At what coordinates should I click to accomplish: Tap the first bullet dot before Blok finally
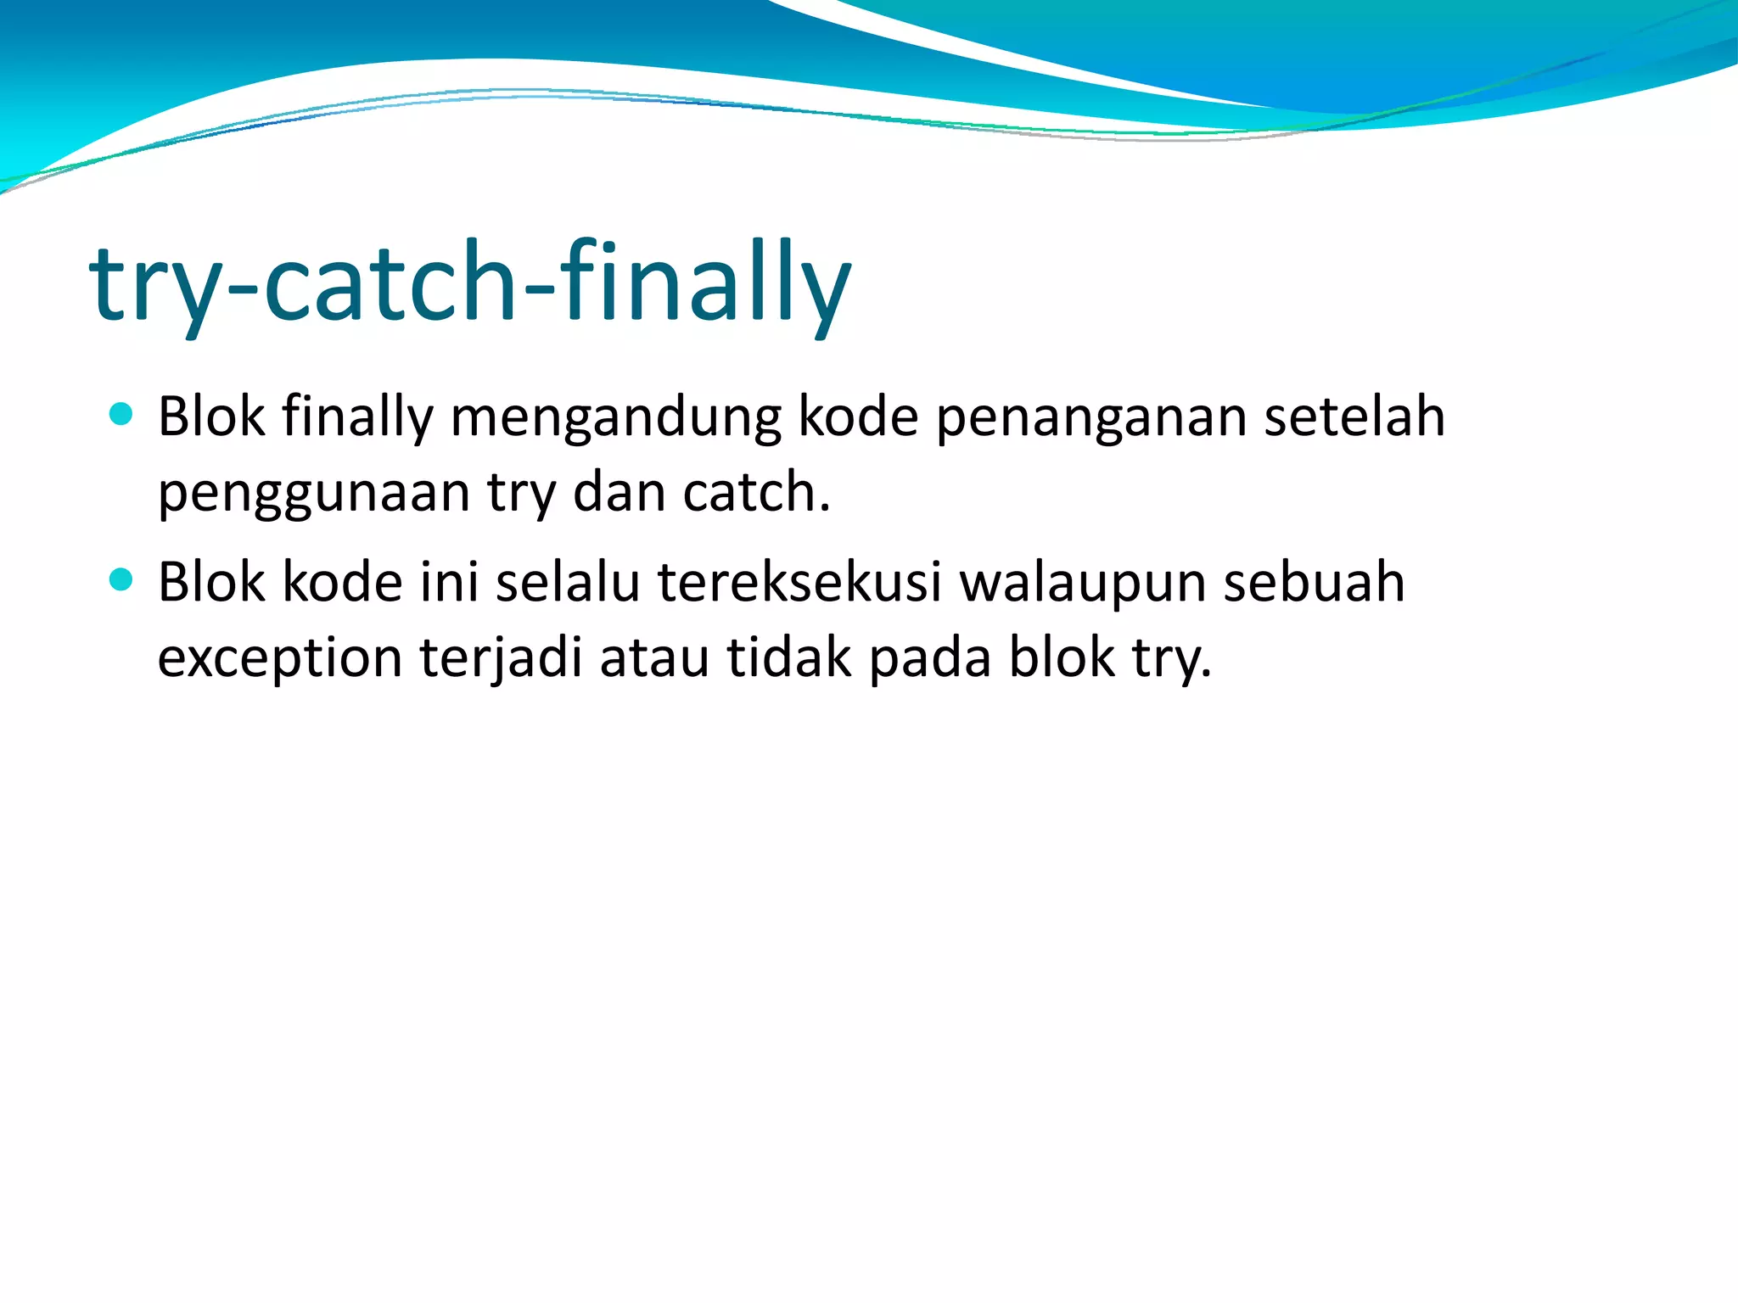pyautogui.click(x=122, y=414)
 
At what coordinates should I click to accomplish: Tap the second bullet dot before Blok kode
pyautogui.click(x=122, y=579)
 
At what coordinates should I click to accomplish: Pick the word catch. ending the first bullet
pyautogui.click(x=756, y=492)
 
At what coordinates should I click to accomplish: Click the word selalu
pyautogui.click(x=568, y=583)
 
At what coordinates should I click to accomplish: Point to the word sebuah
pyautogui.click(x=1314, y=583)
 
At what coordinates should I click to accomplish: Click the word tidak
pyautogui.click(x=788, y=657)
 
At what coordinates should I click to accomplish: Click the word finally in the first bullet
pyautogui.click(x=357, y=417)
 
